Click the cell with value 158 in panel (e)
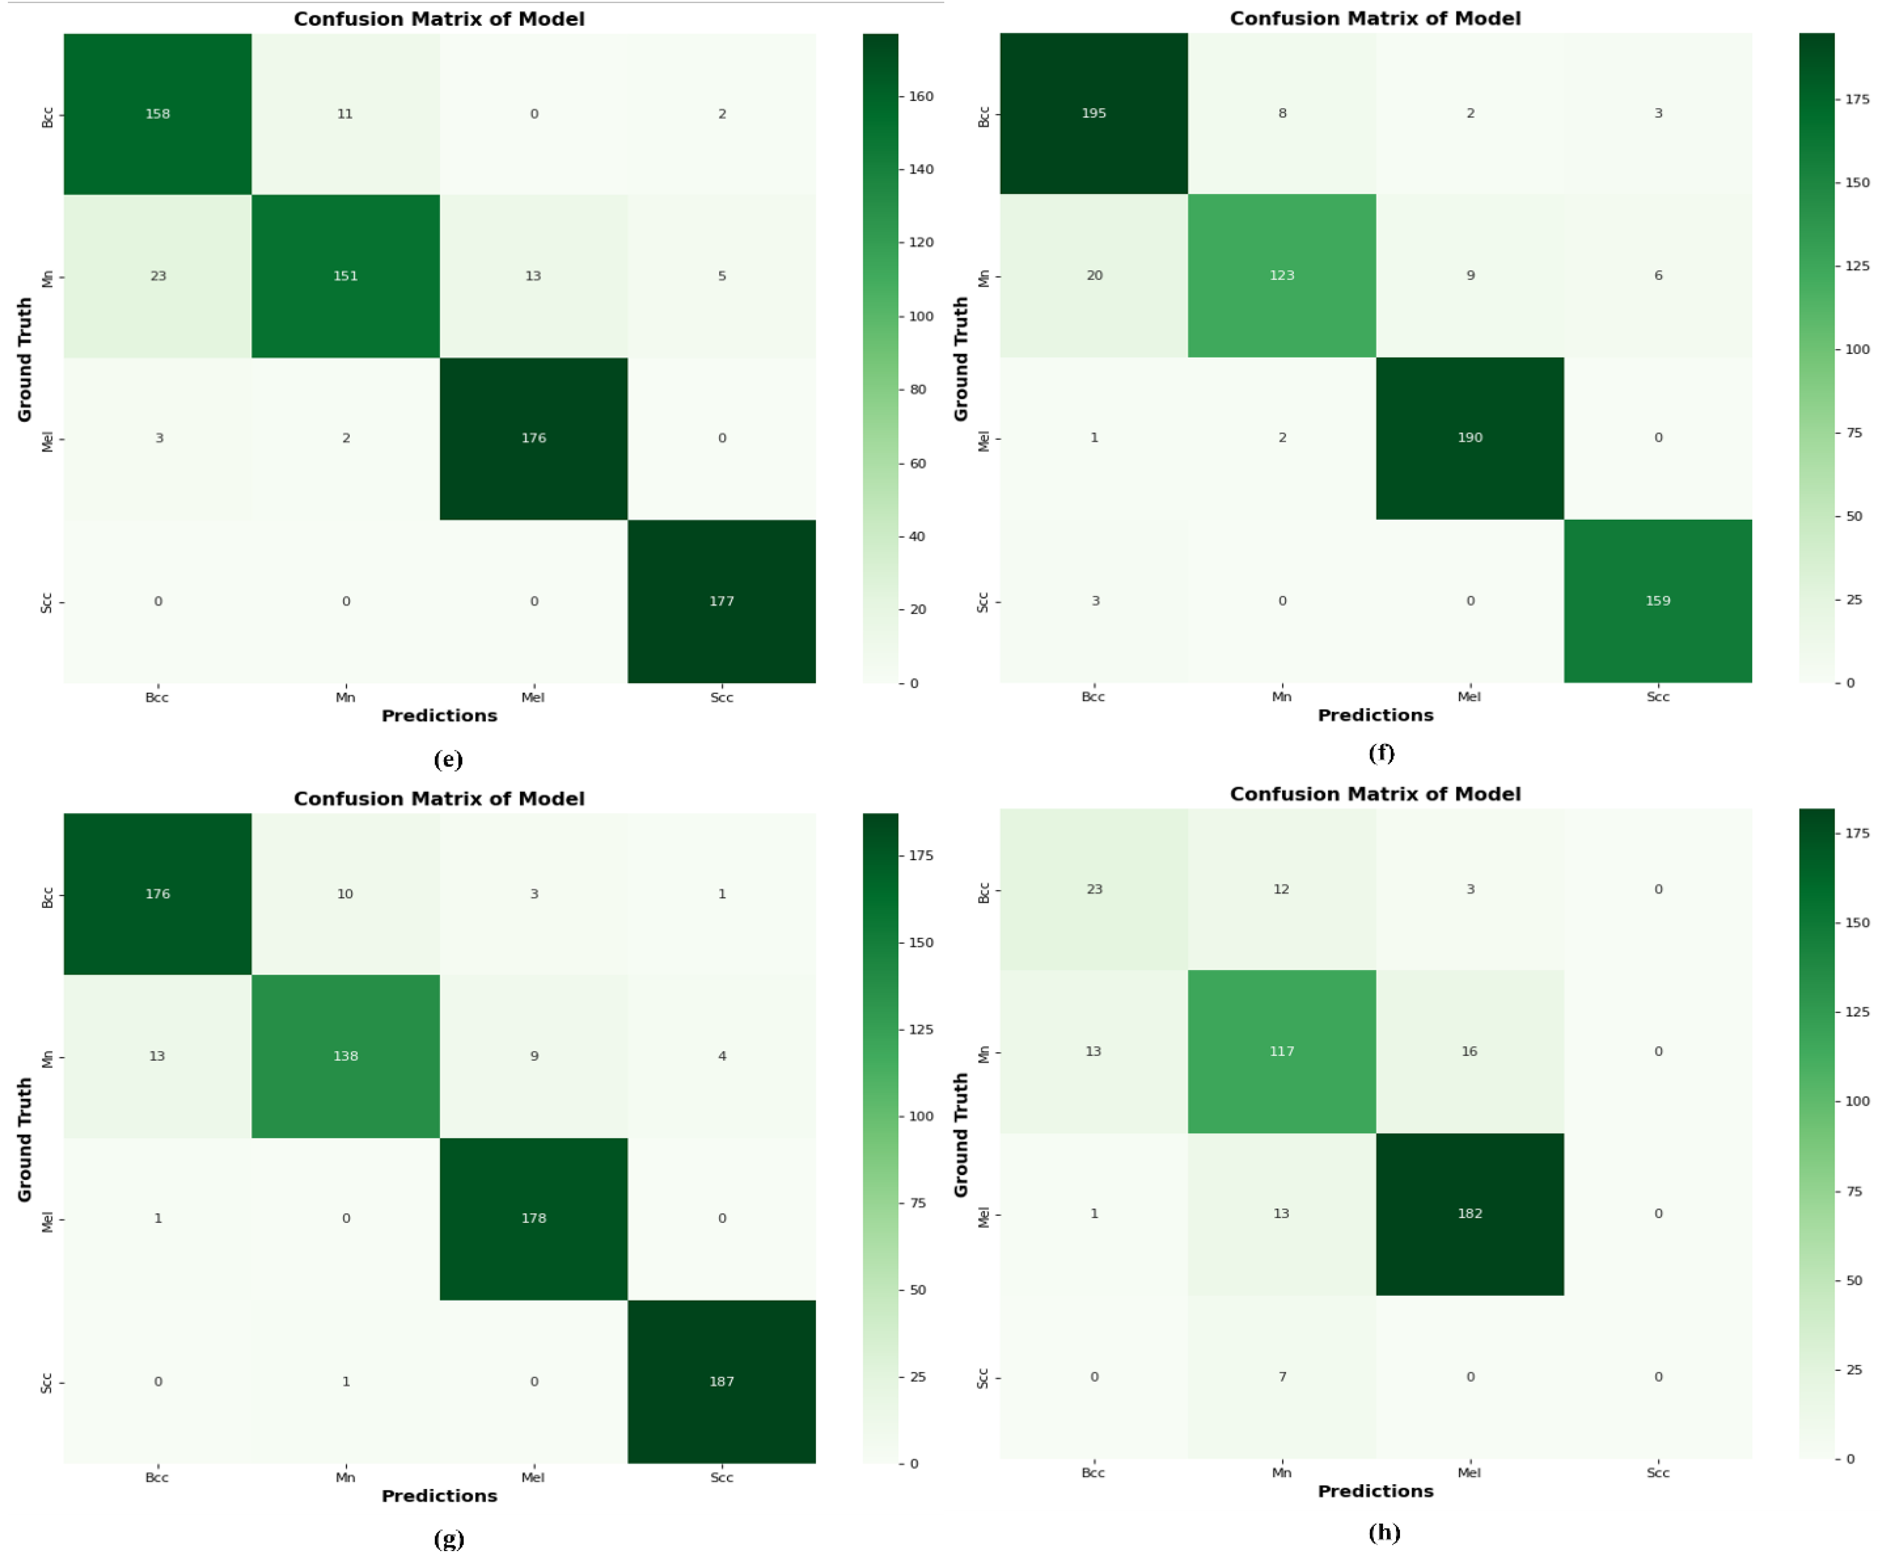point(158,114)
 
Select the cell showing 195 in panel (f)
point(1093,113)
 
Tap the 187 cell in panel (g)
point(721,1381)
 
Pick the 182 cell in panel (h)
point(1470,1214)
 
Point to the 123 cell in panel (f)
point(1281,275)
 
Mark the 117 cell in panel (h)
point(1281,1051)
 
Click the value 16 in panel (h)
point(1470,1051)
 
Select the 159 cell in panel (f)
point(1658,601)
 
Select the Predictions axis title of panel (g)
point(439,1496)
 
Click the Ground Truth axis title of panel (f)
point(961,358)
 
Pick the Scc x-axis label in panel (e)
point(721,697)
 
